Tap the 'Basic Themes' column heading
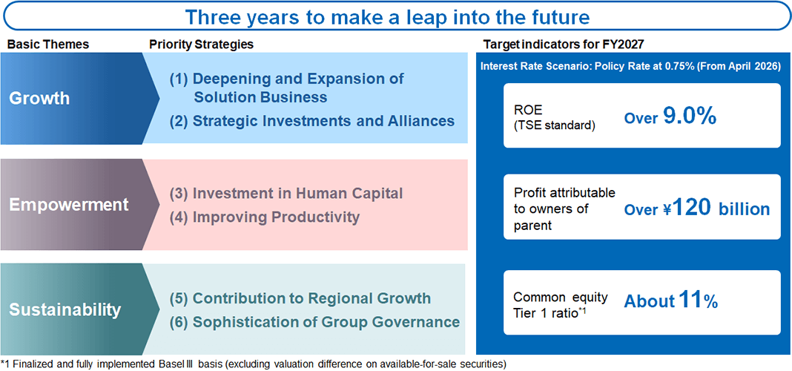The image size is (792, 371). (x=48, y=45)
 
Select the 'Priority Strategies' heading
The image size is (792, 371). (x=201, y=45)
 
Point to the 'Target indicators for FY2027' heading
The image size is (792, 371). (x=563, y=45)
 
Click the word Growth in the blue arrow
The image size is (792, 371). (x=39, y=97)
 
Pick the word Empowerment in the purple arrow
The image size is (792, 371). (x=69, y=205)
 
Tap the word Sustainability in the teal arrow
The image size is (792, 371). (x=65, y=309)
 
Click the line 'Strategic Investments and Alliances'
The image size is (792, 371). (x=311, y=121)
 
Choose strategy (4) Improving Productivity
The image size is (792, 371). (x=265, y=217)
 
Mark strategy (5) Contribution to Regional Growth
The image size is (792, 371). (x=300, y=298)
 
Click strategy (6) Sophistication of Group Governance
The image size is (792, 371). (x=314, y=322)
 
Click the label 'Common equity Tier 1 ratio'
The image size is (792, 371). (x=561, y=303)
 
